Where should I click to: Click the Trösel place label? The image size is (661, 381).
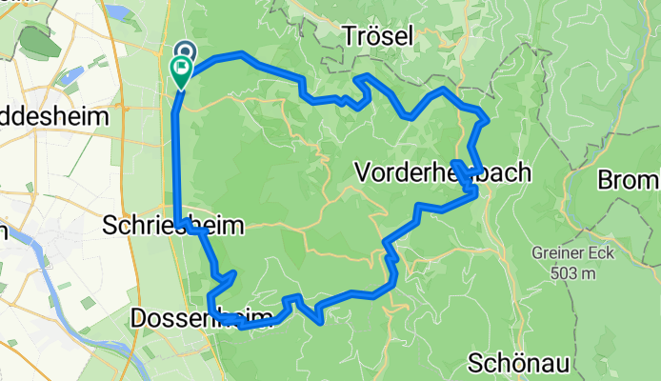coord(377,36)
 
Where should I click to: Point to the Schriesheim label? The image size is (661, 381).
coord(172,227)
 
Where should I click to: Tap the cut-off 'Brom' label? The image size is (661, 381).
coord(629,179)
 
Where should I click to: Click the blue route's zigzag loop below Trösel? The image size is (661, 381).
coord(360,91)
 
